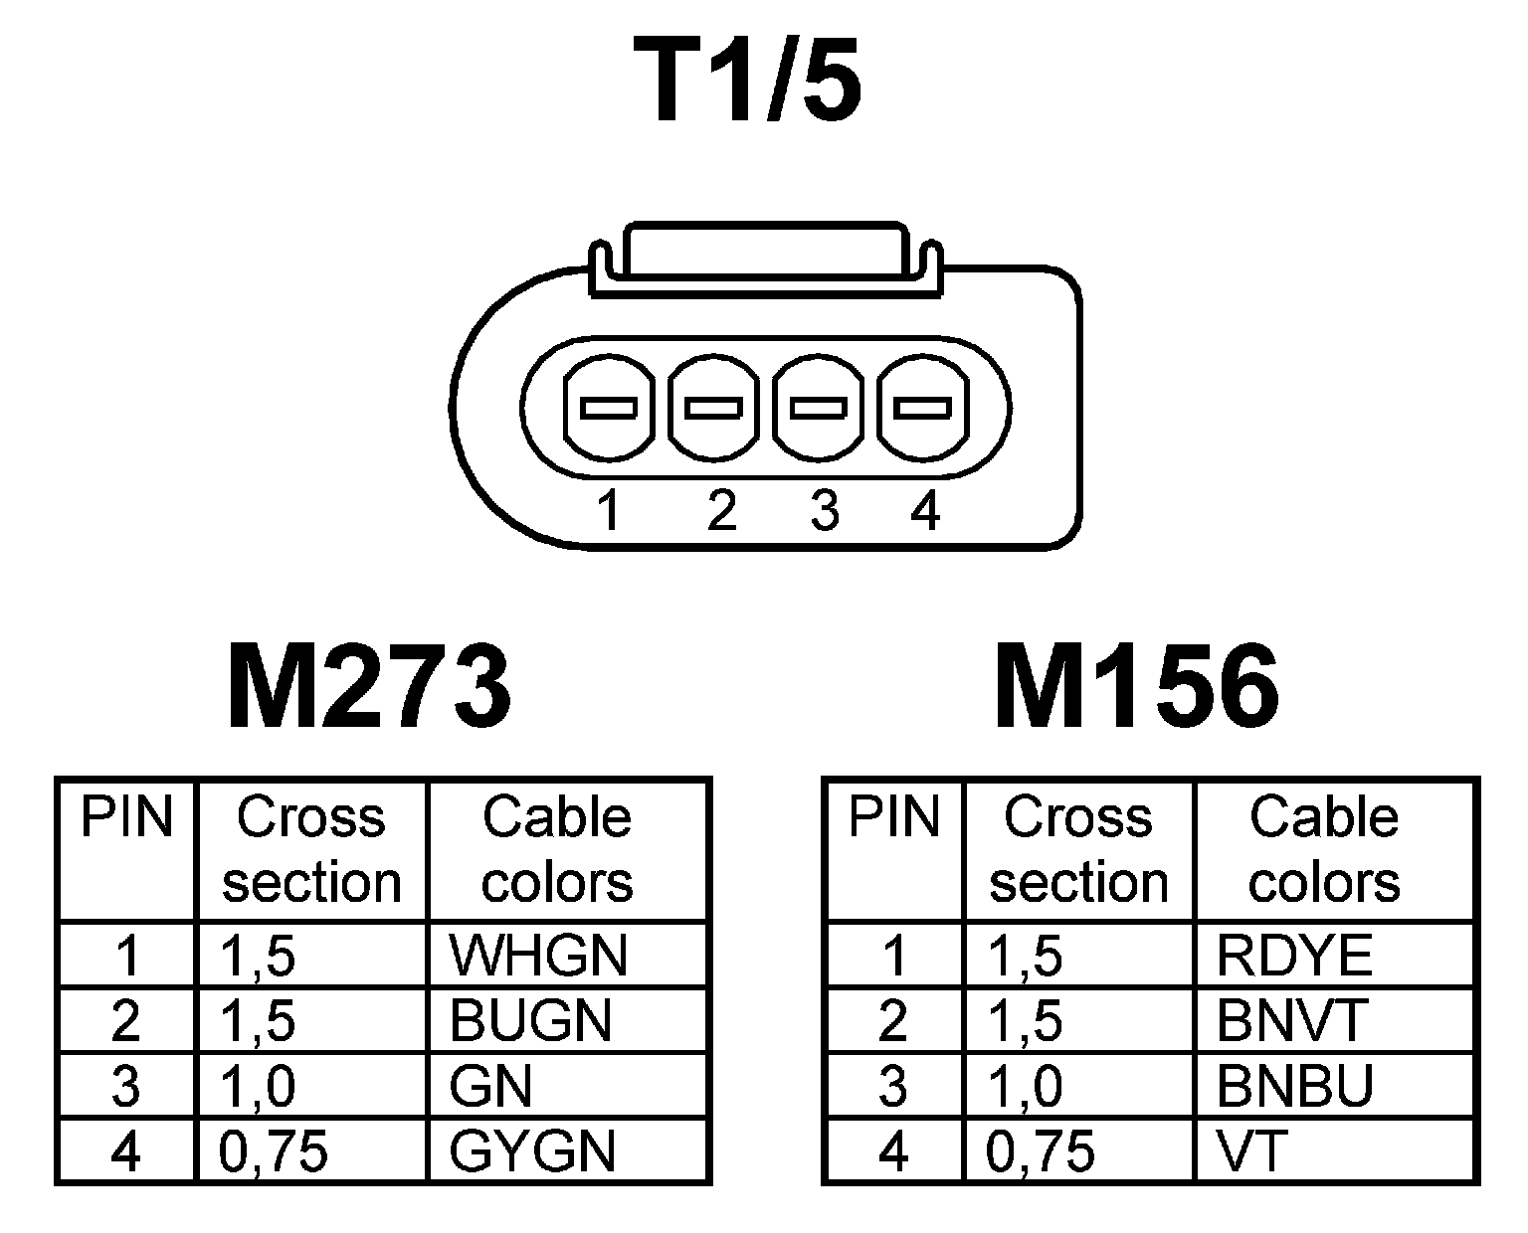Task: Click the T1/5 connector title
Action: [x=755, y=83]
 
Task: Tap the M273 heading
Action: [x=369, y=687]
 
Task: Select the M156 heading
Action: [x=1136, y=687]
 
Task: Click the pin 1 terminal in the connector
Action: [x=609, y=409]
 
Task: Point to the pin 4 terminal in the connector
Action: [x=921, y=409]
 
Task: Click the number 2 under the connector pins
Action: [x=721, y=511]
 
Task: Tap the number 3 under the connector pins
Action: [x=825, y=511]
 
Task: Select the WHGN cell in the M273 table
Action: [x=538, y=956]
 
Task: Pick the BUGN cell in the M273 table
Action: [x=530, y=1020]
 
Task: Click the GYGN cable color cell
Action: [x=532, y=1151]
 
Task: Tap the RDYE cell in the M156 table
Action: [x=1294, y=956]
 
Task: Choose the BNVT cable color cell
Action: [x=1292, y=1020]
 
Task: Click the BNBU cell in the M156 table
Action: [x=1294, y=1086]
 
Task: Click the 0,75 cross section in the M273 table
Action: [x=274, y=1151]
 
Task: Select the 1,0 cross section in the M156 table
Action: [x=1026, y=1086]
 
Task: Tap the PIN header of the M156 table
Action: [x=894, y=817]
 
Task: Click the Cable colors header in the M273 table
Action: [x=557, y=849]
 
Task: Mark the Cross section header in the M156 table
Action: [x=1078, y=849]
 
